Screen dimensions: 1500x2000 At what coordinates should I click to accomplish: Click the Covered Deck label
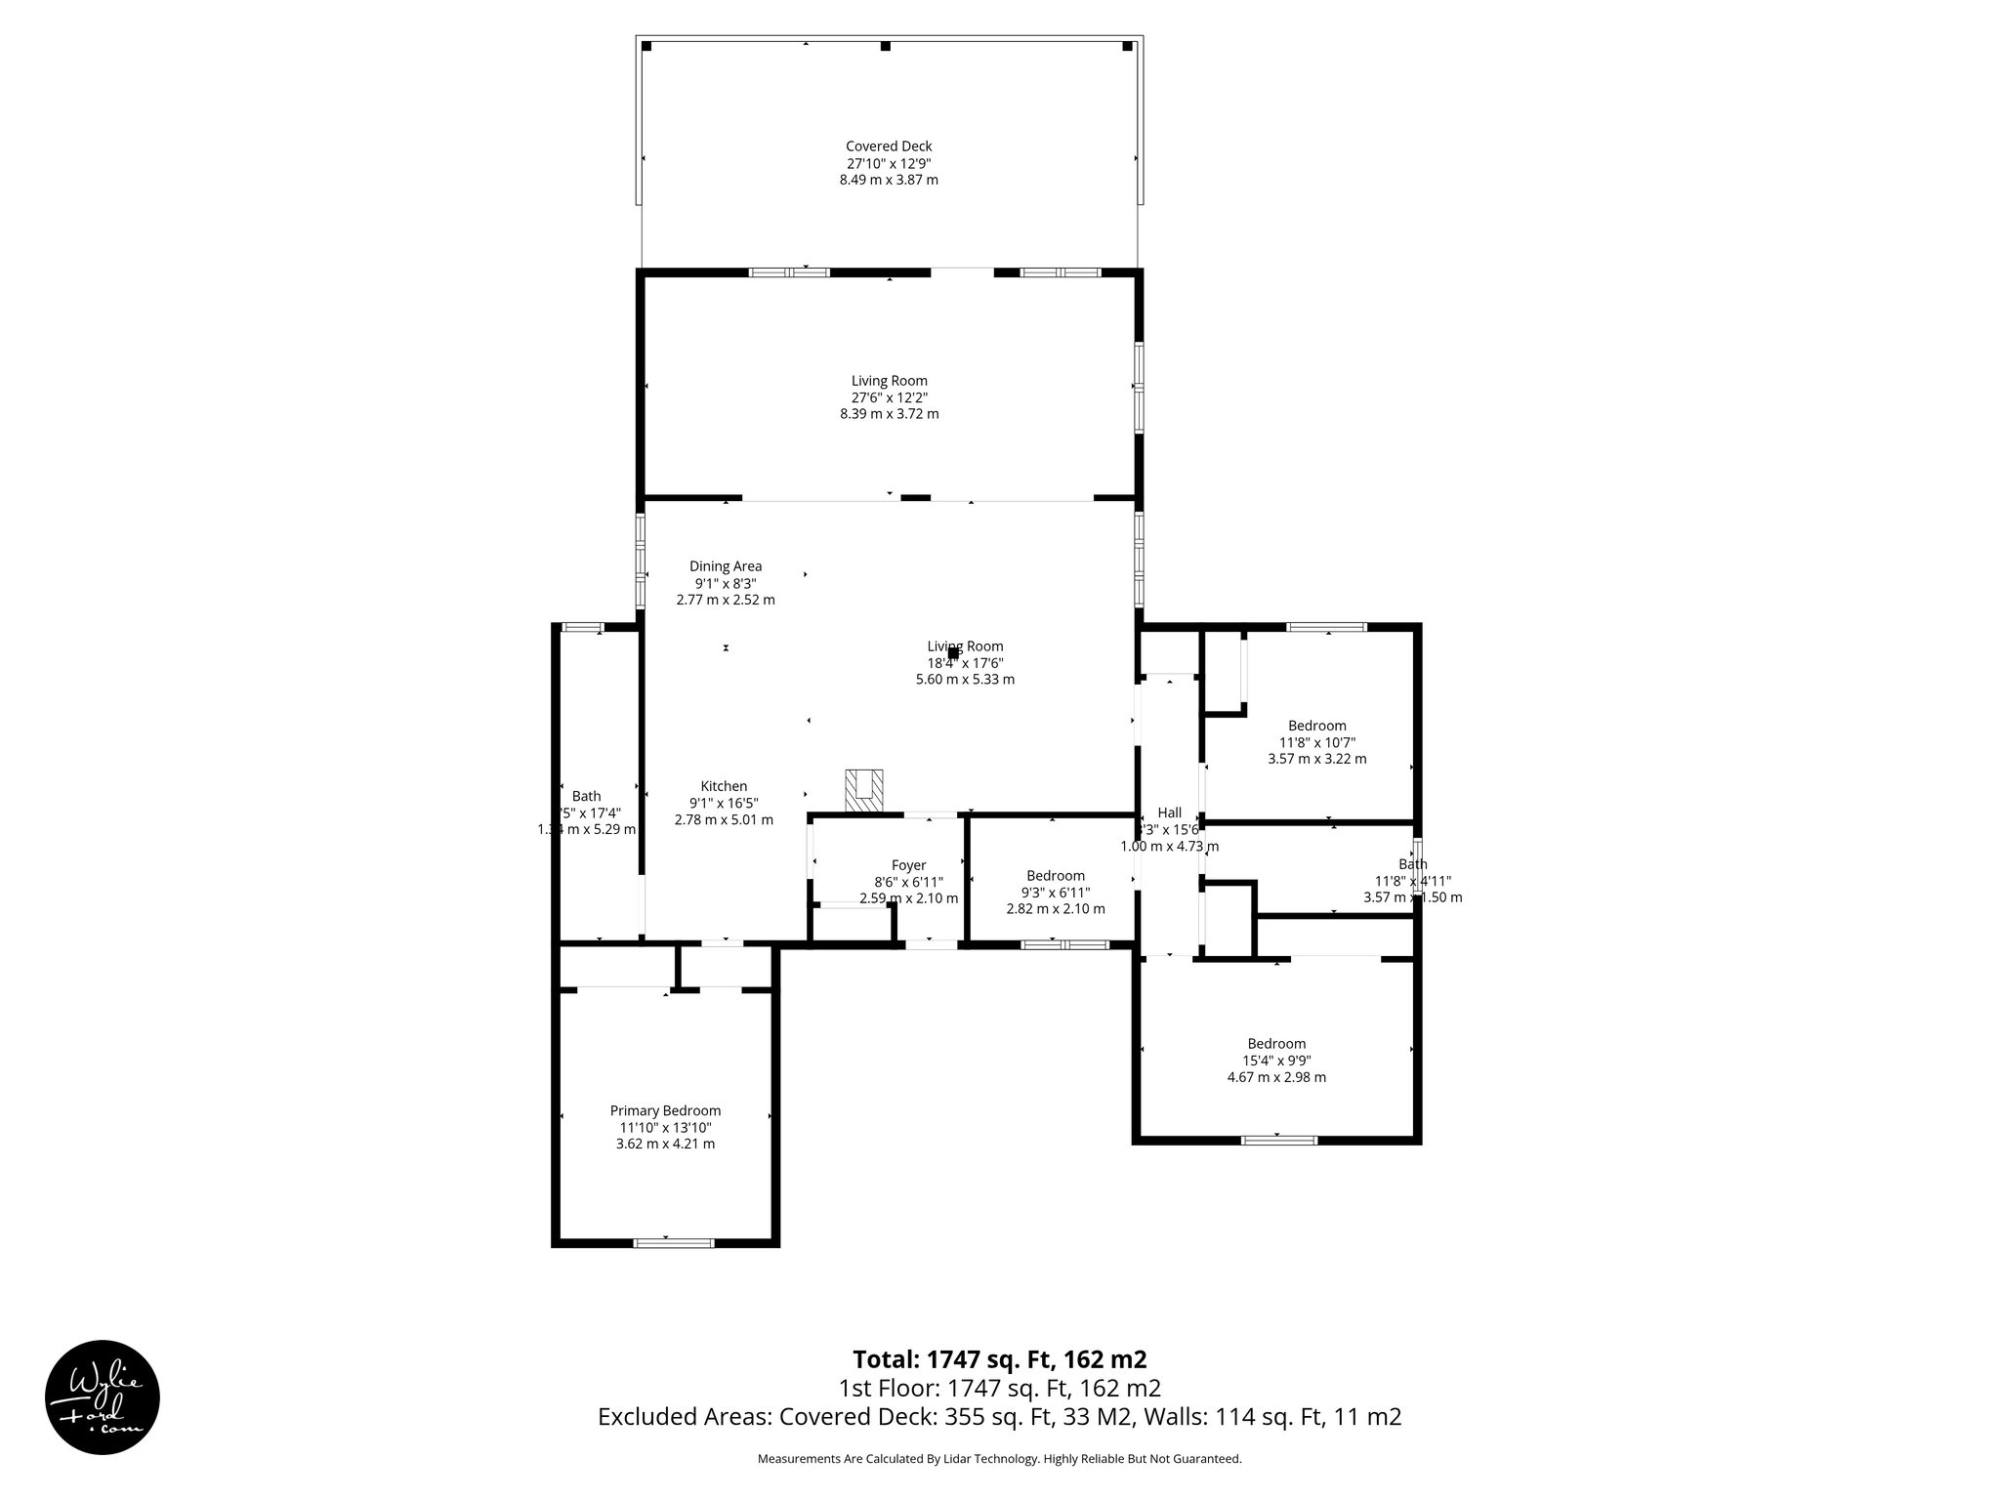[x=889, y=146]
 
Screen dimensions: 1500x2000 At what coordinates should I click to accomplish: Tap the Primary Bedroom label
[x=665, y=1110]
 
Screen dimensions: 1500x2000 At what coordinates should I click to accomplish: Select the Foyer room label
[x=908, y=865]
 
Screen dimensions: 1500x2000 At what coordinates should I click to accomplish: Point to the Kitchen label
[x=724, y=786]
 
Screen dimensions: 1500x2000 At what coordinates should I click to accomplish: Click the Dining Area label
[x=726, y=566]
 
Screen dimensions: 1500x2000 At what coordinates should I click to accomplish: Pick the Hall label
[x=1169, y=812]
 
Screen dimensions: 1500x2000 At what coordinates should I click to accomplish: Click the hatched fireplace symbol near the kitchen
[x=864, y=790]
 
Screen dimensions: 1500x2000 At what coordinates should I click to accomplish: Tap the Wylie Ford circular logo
[x=103, y=1396]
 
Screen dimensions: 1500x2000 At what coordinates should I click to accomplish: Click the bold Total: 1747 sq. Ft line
[x=999, y=1359]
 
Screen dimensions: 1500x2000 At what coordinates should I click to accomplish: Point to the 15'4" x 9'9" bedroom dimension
[x=1276, y=1061]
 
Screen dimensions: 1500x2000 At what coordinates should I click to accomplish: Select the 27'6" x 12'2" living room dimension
[x=889, y=397]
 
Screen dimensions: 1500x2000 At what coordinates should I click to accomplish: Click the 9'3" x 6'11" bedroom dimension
[x=1056, y=893]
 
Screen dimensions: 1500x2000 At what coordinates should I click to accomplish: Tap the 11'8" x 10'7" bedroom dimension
[x=1316, y=742]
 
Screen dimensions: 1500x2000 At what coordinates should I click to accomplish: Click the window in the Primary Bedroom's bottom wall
[x=674, y=1243]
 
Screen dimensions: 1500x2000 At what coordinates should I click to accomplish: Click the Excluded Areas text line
[x=999, y=1417]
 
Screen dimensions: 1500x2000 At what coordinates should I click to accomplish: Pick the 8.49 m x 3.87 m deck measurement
[x=889, y=181]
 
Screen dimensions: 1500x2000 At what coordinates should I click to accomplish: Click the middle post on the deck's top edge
[x=886, y=46]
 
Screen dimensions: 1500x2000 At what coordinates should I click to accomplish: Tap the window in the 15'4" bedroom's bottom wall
[x=1278, y=1140]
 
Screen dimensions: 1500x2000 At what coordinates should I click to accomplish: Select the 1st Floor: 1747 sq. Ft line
[x=999, y=1389]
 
